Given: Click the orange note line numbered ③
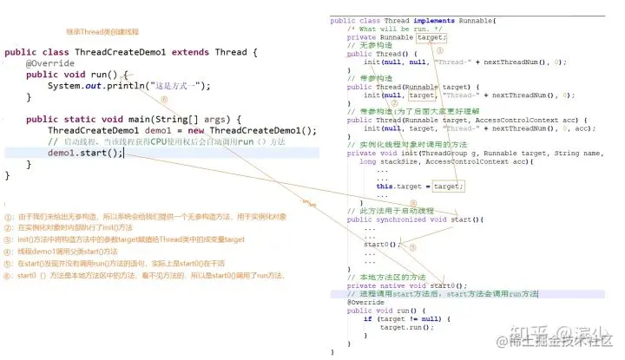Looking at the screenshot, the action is [x=130, y=239].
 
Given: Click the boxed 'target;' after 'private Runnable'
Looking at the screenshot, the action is [x=431, y=37].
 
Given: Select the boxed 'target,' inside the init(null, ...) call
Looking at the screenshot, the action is [x=421, y=95].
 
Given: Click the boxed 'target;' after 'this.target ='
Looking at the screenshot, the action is [x=448, y=186].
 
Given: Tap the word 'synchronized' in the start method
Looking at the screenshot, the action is [x=394, y=219].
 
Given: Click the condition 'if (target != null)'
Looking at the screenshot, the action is [x=398, y=318].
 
